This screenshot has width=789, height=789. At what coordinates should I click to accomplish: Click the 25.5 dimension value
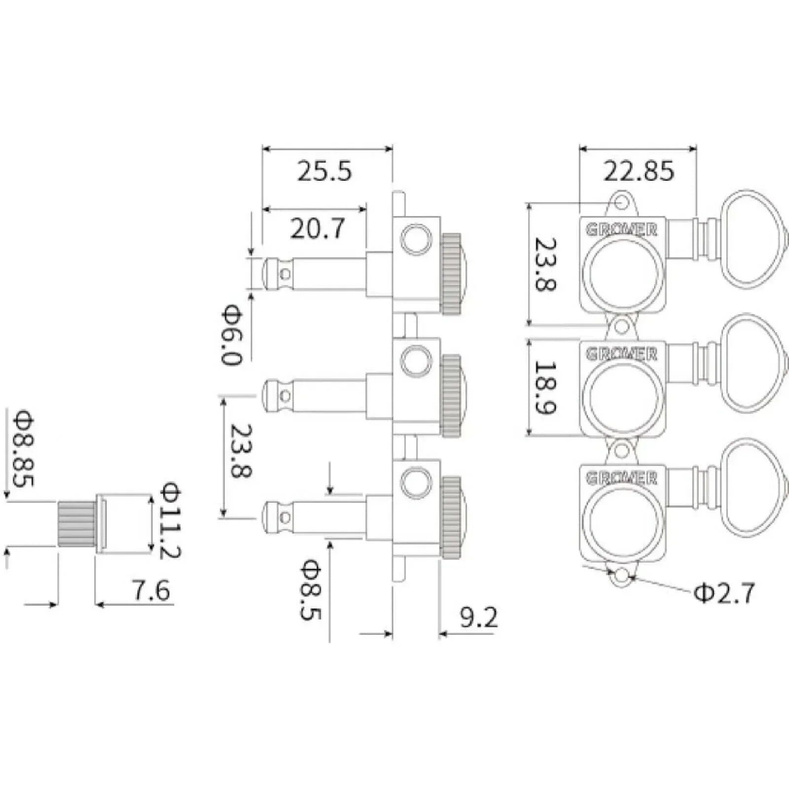tap(324, 171)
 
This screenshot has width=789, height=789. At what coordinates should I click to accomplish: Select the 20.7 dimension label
tap(318, 229)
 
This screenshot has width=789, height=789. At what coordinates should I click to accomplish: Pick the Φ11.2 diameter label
tap(171, 520)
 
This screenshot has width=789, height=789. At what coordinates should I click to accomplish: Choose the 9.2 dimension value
tap(479, 617)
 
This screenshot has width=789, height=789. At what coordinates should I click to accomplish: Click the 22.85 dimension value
tap(639, 171)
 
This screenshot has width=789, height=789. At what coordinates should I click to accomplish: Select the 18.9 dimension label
tap(545, 388)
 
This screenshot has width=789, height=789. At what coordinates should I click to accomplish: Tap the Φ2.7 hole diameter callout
tap(724, 593)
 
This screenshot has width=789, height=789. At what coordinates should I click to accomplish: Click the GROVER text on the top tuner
tap(622, 230)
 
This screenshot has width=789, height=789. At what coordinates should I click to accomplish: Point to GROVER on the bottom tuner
tap(622, 478)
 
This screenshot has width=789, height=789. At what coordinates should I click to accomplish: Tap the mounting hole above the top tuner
tap(623, 203)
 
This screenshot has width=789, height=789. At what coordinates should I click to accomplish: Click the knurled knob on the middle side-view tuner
tap(451, 396)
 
